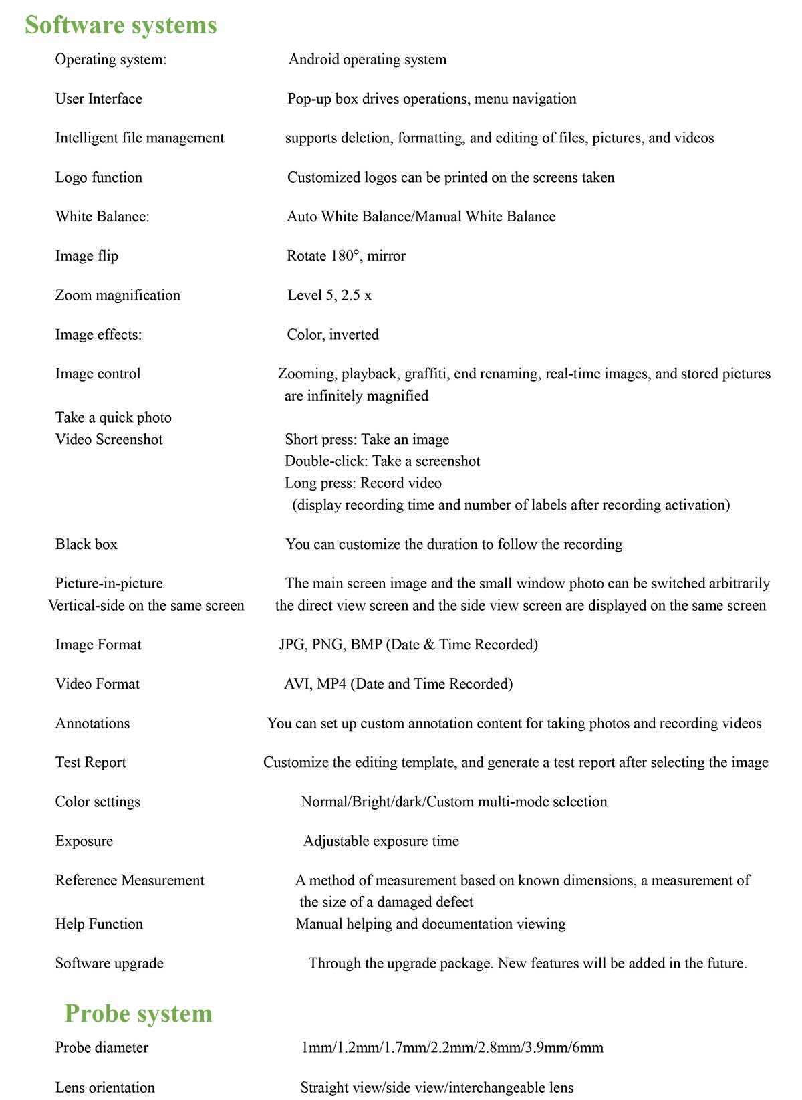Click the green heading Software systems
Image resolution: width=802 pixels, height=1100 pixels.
pyautogui.click(x=121, y=25)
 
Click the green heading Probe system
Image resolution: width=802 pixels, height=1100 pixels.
pyautogui.click(x=138, y=1014)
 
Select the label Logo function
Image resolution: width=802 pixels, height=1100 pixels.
pyautogui.click(x=99, y=177)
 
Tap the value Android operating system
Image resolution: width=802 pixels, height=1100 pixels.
pyautogui.click(x=368, y=60)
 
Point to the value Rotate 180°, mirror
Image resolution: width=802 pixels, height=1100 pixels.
pyautogui.click(x=346, y=256)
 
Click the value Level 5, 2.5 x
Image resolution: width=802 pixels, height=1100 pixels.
pyautogui.click(x=329, y=296)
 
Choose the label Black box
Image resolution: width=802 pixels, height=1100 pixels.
pyautogui.click(x=86, y=544)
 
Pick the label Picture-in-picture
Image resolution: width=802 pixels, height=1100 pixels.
pyautogui.click(x=109, y=584)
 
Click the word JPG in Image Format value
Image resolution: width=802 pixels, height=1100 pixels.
pyautogui.click(x=291, y=645)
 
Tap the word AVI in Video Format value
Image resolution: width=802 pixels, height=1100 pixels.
pyautogui.click(x=297, y=684)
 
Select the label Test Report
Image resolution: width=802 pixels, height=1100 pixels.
pyautogui.click(x=91, y=762)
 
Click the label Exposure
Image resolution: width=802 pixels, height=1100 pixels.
pyautogui.click(x=84, y=841)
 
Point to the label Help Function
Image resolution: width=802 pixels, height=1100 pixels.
pyautogui.click(x=99, y=924)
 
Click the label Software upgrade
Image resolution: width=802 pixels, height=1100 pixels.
pyautogui.click(x=110, y=964)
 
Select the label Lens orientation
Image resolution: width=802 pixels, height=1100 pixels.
pyautogui.click(x=105, y=1088)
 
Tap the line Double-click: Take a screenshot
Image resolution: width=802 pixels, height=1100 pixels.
pyautogui.click(x=382, y=461)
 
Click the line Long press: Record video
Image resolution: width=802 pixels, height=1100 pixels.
pyautogui.click(x=363, y=483)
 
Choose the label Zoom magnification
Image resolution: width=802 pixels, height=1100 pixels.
pyautogui.click(x=118, y=296)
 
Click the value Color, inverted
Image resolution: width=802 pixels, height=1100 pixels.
pyautogui.click(x=333, y=335)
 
